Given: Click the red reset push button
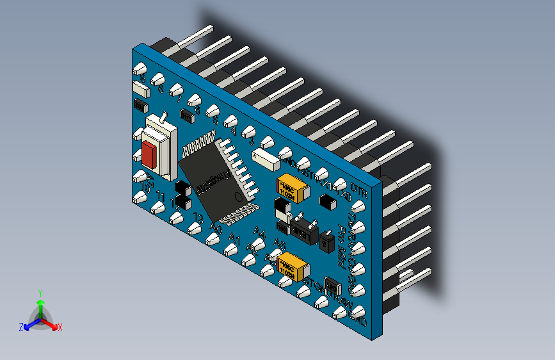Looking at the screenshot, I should [x=150, y=153].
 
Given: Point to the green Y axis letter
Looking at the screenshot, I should [x=40, y=292].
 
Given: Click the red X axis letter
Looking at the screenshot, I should [x=60, y=327].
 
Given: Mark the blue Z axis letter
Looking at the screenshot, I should [x=21, y=327].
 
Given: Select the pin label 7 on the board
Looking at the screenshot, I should [x=179, y=101].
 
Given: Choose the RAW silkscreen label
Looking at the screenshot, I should [x=343, y=300].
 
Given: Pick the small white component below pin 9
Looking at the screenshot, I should [x=140, y=88].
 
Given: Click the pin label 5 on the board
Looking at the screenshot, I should [x=215, y=120].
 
